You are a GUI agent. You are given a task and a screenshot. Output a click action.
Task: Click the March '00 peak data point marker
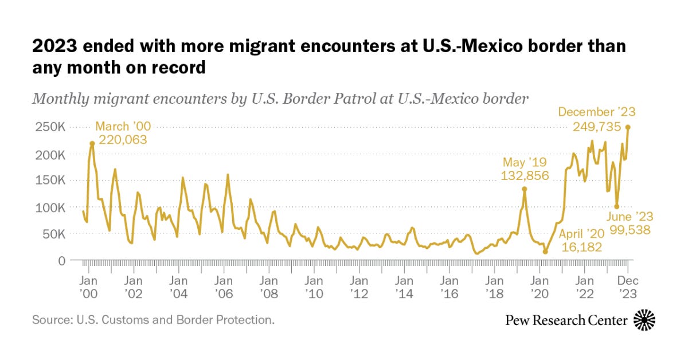click(92, 143)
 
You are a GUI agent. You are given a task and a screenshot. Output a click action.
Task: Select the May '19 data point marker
click(524, 189)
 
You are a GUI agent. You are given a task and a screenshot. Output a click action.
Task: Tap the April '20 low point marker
click(545, 251)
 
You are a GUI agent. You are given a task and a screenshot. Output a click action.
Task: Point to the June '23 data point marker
click(616, 207)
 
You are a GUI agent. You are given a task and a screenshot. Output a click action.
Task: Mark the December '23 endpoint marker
click(628, 127)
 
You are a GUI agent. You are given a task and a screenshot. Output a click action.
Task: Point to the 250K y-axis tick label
click(50, 127)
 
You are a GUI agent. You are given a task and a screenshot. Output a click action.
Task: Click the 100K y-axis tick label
click(50, 207)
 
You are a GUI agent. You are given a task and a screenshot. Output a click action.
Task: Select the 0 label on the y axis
click(61, 260)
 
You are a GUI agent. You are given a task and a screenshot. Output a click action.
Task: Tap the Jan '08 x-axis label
click(268, 287)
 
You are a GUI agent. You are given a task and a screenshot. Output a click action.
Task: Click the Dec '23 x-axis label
click(628, 287)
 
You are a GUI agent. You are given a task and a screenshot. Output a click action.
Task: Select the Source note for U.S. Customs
click(153, 319)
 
